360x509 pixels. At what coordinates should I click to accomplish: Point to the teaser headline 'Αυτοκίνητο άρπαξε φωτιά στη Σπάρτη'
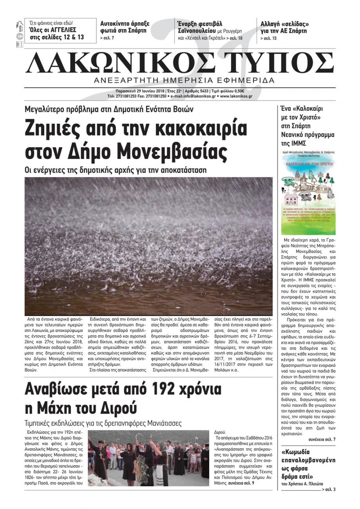[125, 27]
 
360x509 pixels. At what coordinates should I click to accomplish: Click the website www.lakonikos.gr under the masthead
[236, 96]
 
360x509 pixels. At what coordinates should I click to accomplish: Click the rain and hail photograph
[148, 246]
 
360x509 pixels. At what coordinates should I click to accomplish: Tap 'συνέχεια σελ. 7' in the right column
[321, 440]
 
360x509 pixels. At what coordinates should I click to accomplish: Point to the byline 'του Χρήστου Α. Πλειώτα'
[302, 484]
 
